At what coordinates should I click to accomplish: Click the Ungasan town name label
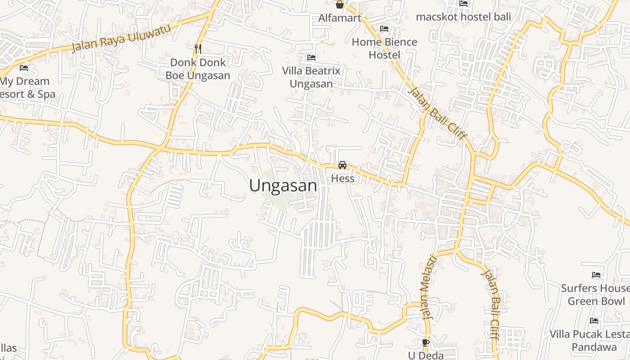click(283, 186)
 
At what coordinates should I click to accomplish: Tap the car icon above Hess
click(342, 165)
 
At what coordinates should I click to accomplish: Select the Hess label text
click(343, 179)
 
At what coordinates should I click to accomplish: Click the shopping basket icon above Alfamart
click(340, 5)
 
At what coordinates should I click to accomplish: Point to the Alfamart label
click(340, 18)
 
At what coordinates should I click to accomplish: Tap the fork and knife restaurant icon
click(198, 48)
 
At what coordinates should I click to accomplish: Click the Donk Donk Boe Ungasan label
click(198, 69)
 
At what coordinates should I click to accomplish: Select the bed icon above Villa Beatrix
click(311, 58)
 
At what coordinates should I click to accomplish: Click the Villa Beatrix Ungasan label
click(311, 77)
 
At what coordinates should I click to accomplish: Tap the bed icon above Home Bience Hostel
click(384, 29)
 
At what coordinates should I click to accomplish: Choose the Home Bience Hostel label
click(384, 49)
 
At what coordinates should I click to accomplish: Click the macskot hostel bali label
click(463, 17)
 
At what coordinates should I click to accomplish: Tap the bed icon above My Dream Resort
click(24, 68)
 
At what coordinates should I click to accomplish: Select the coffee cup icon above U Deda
click(426, 343)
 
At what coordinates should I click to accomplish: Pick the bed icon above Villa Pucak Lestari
click(594, 321)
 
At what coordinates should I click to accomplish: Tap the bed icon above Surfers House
click(596, 275)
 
